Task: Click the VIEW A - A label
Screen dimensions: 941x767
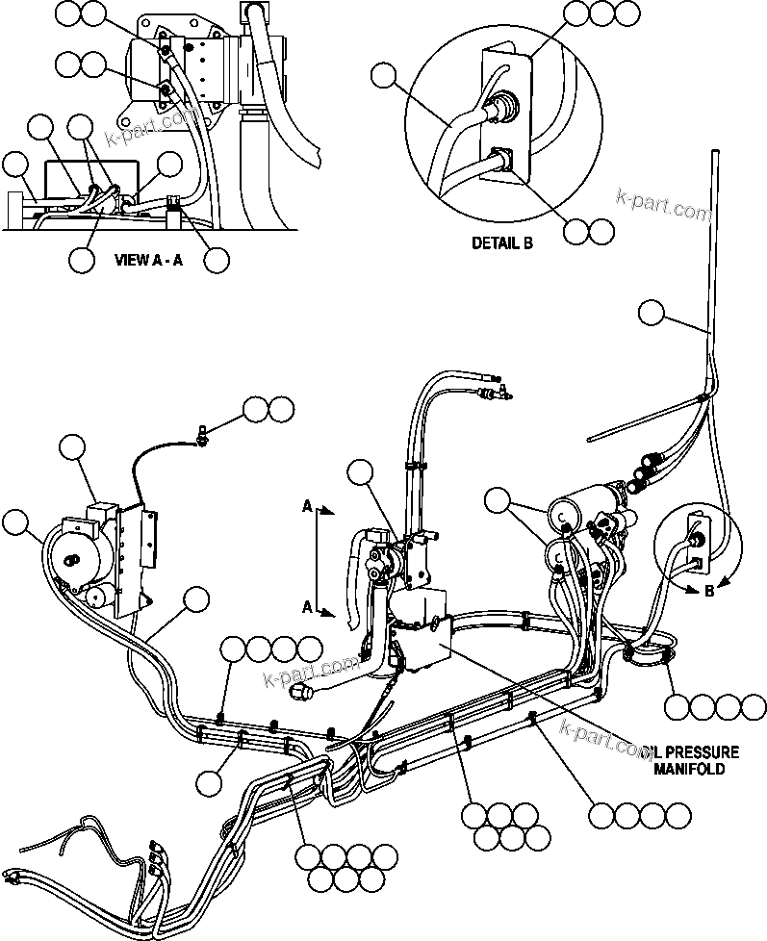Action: pos(147,259)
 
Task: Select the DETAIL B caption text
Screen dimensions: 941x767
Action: pos(501,243)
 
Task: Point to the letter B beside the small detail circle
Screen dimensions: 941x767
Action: pos(708,591)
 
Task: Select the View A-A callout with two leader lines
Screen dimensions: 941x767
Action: pos(83,127)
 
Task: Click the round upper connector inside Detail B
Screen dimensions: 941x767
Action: pos(502,108)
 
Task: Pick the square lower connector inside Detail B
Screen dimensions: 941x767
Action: pos(500,158)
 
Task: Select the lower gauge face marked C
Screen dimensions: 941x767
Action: pos(559,553)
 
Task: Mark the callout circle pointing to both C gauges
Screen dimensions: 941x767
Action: pos(499,499)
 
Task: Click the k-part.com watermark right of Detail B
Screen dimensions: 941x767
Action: pos(663,201)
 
